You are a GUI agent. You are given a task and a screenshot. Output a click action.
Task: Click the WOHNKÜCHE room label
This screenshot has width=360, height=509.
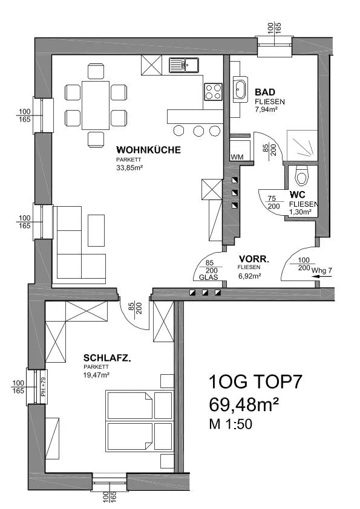(x=148, y=150)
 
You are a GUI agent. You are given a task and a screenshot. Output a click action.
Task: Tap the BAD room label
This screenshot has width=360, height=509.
(x=265, y=92)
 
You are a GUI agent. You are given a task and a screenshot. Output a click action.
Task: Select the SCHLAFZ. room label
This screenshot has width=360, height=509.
(x=107, y=358)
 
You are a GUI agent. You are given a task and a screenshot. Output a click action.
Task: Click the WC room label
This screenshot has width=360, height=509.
(x=297, y=195)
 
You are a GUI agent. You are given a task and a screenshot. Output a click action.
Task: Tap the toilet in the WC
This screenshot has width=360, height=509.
(x=301, y=177)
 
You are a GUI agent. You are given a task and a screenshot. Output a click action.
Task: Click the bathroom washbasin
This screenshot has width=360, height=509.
(x=240, y=89)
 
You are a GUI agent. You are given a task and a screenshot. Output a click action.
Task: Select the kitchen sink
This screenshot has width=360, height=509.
(x=184, y=65)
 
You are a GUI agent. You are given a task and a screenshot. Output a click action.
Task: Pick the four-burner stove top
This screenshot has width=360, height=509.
(x=213, y=91)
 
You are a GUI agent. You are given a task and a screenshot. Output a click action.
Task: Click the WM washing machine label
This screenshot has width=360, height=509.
(x=237, y=157)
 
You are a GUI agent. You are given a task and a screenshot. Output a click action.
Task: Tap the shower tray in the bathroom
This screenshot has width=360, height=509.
(x=302, y=146)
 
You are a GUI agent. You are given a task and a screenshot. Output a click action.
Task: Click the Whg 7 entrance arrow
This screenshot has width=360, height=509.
(x=322, y=276)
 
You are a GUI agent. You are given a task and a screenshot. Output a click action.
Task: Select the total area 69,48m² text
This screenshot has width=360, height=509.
(x=244, y=404)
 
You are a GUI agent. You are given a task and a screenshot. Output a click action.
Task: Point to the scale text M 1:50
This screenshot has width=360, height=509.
(x=231, y=424)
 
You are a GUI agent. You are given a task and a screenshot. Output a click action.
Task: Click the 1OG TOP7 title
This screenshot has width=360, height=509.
(x=255, y=382)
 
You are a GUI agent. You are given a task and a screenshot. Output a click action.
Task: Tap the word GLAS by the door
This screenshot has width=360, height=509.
(x=209, y=277)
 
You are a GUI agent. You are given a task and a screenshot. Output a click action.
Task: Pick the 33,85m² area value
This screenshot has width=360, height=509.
(x=129, y=168)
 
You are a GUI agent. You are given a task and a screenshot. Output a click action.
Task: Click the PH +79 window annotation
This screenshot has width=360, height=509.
(x=43, y=387)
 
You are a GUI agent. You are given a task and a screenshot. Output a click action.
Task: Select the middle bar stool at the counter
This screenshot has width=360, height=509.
(x=198, y=131)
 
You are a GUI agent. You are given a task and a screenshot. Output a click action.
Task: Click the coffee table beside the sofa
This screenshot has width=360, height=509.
(x=96, y=230)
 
